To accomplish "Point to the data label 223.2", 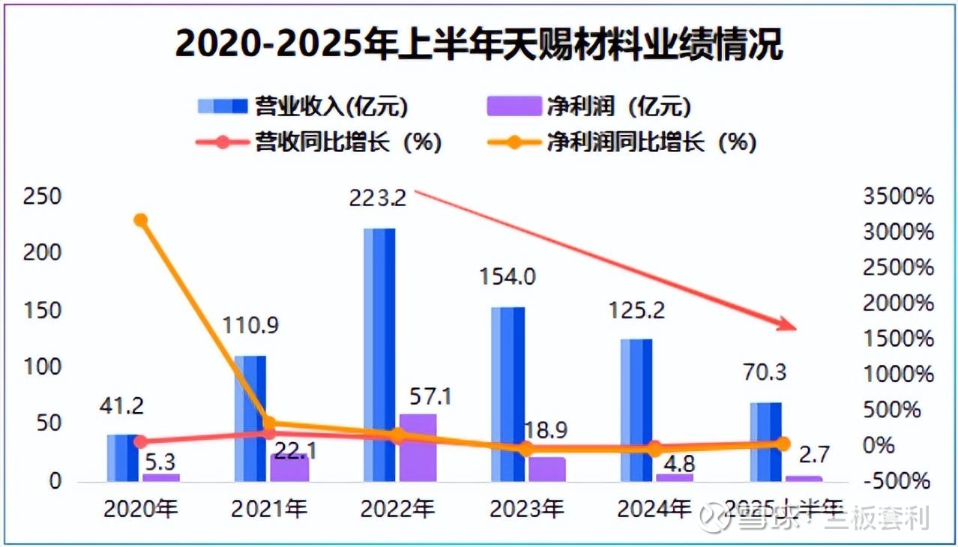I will [x=378, y=199].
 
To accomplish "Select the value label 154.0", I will [x=507, y=277].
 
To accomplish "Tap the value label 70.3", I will [x=765, y=372].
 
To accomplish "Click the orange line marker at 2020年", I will [x=140, y=220].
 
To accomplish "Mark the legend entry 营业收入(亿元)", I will [x=304, y=106].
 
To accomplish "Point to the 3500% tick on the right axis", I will [x=899, y=197].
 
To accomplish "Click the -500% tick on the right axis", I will [x=899, y=481].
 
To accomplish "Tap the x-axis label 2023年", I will [x=526, y=510].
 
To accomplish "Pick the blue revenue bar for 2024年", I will [x=636, y=409].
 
